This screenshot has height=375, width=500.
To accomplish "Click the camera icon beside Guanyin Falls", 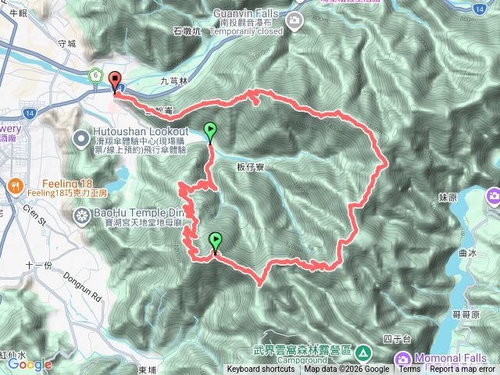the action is pos(295,24).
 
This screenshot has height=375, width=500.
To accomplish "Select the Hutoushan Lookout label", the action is pos(141,130).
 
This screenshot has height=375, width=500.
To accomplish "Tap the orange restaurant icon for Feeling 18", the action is pos(15,186).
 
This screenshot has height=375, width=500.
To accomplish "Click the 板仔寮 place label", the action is pos(248,166).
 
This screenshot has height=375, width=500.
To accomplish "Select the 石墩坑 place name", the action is pos(187,31).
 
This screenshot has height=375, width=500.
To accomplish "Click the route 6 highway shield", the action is pos(95,75).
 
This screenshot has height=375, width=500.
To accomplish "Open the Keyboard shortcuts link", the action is pos(262,370).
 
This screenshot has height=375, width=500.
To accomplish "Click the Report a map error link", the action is pos(462,370).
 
